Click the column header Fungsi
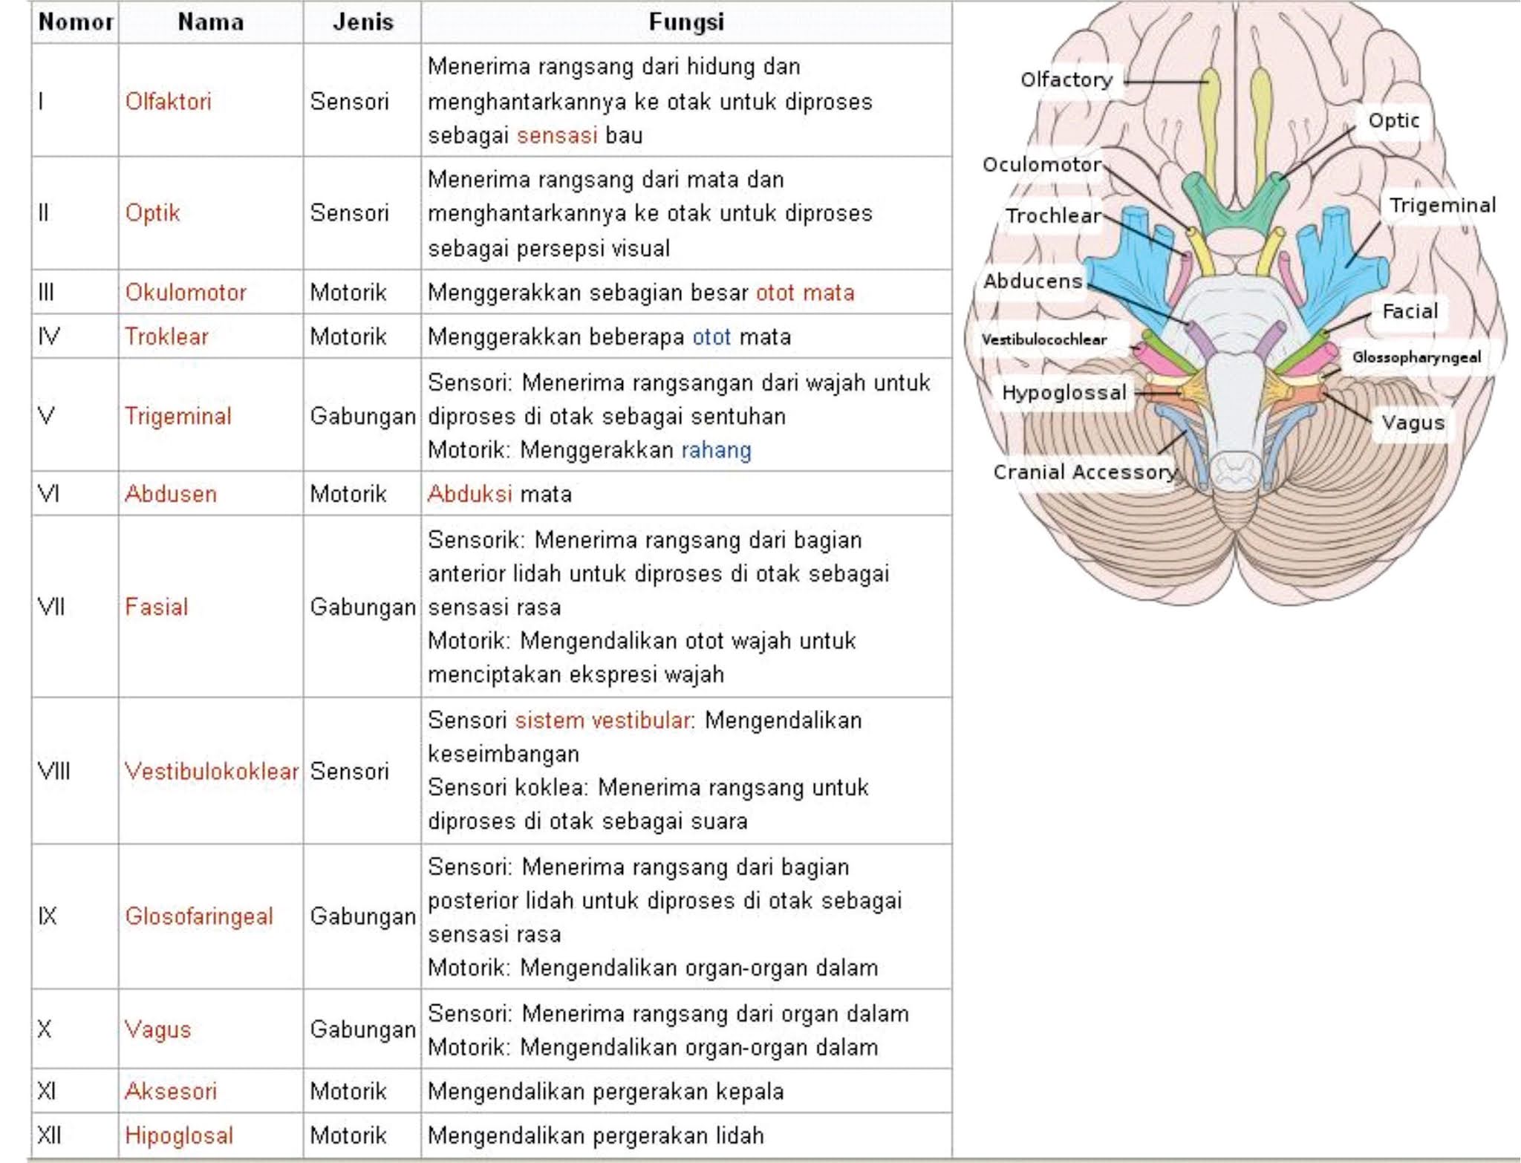(685, 22)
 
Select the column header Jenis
(362, 22)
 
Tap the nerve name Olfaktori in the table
(168, 101)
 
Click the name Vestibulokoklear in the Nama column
(212, 771)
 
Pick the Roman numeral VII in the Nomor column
(51, 607)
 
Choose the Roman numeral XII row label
(50, 1135)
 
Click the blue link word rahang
(716, 450)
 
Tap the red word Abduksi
(469, 494)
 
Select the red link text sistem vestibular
(602, 720)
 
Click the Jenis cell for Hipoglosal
(348, 1135)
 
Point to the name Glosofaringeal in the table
(199, 916)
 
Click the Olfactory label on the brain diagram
(1066, 79)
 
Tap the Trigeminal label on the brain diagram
(1442, 206)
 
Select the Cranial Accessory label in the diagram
(1084, 472)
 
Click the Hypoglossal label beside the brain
(1064, 393)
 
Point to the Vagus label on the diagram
(1413, 423)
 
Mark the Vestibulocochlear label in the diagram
(1043, 340)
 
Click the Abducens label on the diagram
(1032, 281)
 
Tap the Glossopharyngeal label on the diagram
(1416, 357)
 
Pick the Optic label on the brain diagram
(1393, 120)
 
